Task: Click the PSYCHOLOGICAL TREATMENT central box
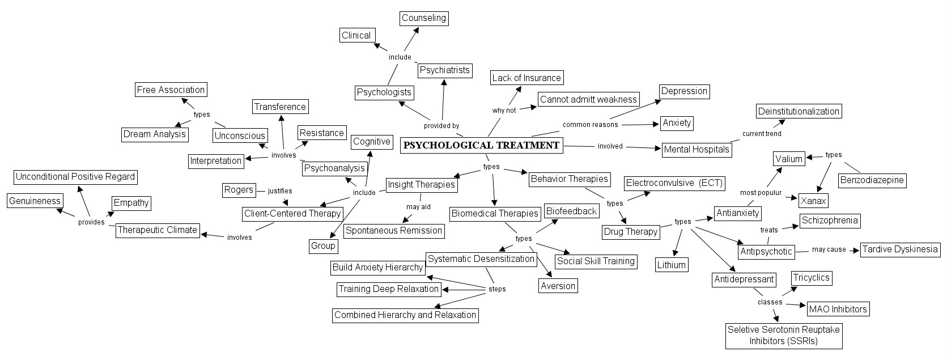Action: [482, 145]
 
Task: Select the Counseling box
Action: [424, 18]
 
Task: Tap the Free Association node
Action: [171, 90]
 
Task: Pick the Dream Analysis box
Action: [155, 134]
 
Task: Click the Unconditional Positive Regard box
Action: [75, 177]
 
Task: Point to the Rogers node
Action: [239, 190]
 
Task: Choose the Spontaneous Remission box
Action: [394, 231]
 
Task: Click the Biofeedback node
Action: [572, 211]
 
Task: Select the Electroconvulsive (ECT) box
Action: [674, 183]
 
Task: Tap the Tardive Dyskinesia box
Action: [901, 249]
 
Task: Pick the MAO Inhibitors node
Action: [838, 309]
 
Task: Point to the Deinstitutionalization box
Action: [799, 111]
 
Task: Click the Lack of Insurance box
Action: [526, 78]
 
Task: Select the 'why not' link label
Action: [504, 111]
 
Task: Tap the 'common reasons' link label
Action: [590, 125]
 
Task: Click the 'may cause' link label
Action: [829, 249]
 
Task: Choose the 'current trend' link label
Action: [762, 134]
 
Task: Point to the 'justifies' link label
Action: [280, 191]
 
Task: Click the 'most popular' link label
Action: [761, 193]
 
